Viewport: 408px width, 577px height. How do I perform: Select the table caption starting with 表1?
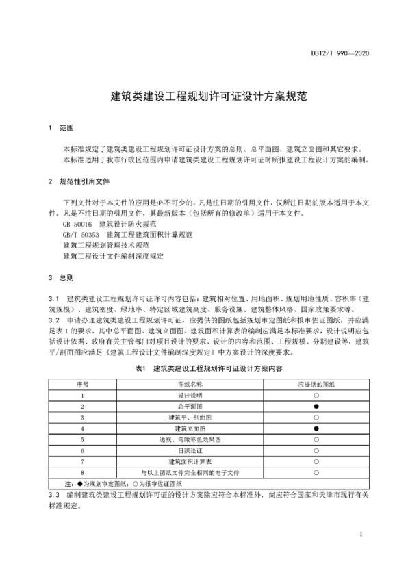coord(203,368)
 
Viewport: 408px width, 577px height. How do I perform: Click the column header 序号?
coord(82,385)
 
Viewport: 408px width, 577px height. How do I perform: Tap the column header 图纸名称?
coord(191,385)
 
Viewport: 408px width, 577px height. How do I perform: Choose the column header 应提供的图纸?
coord(316,385)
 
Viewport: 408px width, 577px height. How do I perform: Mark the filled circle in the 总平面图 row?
coord(316,407)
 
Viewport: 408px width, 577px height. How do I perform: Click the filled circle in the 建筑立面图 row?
coord(316,428)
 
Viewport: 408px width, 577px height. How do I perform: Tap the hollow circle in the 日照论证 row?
coord(316,451)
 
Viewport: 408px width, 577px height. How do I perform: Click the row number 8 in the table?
coord(82,472)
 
